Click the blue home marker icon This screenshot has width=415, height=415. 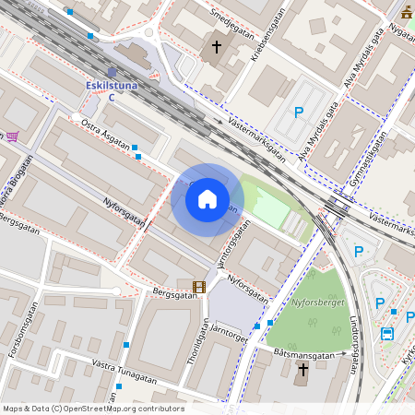[207, 199]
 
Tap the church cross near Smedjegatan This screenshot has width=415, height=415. [217, 46]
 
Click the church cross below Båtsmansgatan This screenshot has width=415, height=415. [302, 369]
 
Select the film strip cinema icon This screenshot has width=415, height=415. [199, 288]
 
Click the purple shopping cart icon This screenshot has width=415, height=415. [12, 136]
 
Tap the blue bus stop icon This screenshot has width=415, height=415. [388, 334]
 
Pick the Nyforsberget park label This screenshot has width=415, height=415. [317, 301]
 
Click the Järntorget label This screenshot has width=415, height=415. [231, 338]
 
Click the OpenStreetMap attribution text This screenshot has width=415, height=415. [92, 409]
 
